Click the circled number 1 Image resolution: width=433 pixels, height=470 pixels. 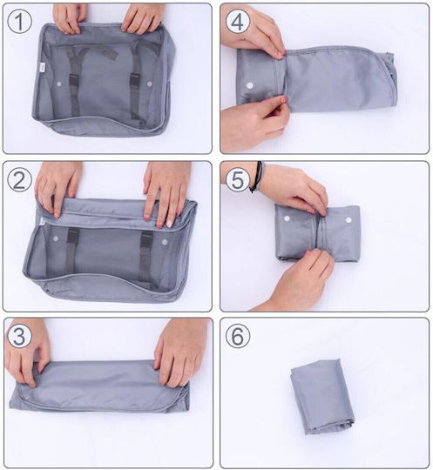pos(19,21)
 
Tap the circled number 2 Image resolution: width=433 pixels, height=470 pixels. pos(19,180)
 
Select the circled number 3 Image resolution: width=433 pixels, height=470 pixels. pos(19,336)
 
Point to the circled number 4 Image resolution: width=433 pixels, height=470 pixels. pos(237,21)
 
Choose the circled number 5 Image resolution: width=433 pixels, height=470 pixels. pos(237,180)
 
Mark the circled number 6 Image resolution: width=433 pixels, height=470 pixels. pos(237,336)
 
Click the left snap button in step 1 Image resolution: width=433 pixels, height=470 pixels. pos(59,84)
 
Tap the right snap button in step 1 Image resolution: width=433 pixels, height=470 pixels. pos(150,84)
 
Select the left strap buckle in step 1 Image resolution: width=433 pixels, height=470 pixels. pos(74,80)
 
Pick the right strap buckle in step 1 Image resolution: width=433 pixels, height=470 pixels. pos(134,81)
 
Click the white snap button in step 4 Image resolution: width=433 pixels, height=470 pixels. pos(250,85)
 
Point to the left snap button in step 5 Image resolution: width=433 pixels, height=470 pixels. pos(288,218)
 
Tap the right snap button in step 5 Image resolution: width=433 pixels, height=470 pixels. pos(348,220)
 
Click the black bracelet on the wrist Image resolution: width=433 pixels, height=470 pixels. pos(258,177)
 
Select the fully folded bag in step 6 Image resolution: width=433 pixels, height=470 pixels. pos(322,396)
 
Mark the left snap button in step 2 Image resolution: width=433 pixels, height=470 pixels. pos(56,238)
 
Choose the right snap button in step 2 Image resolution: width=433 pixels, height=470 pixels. pos(165,242)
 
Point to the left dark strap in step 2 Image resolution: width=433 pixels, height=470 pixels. pos(71,252)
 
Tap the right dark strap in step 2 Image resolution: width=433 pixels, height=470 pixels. pos(146,256)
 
